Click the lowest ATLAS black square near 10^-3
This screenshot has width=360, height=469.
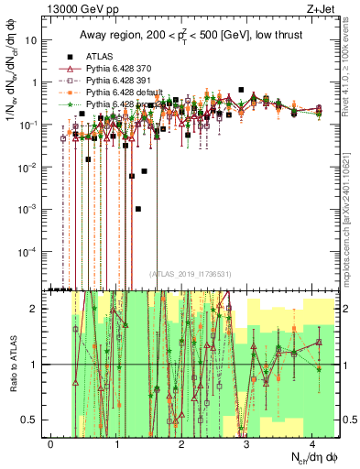click(138, 209)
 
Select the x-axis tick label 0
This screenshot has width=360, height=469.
click(50, 442)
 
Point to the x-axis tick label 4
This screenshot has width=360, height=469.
click(312, 442)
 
